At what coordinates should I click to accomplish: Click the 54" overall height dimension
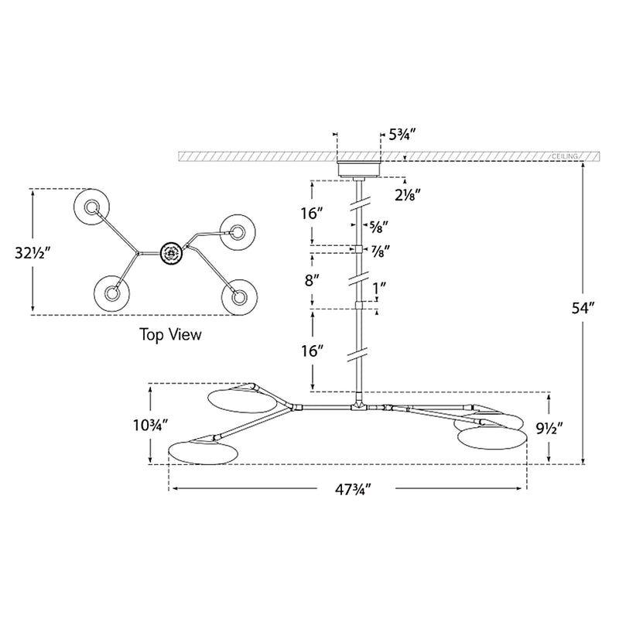(x=583, y=308)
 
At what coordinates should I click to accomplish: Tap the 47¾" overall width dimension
(x=354, y=490)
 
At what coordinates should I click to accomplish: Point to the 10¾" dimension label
(x=151, y=425)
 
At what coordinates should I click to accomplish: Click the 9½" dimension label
(x=549, y=428)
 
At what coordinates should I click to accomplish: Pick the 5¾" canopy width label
(x=402, y=135)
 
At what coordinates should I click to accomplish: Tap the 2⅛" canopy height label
(x=408, y=194)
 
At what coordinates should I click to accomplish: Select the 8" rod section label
(x=312, y=281)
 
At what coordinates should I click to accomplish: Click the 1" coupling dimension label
(x=379, y=288)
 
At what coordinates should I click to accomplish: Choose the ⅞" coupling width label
(x=380, y=250)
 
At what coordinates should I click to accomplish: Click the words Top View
(x=170, y=334)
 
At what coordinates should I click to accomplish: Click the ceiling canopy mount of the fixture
(x=358, y=169)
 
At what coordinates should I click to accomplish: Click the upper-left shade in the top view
(x=91, y=207)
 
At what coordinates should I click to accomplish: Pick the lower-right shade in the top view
(x=239, y=297)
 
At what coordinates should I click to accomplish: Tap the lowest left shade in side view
(x=203, y=453)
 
